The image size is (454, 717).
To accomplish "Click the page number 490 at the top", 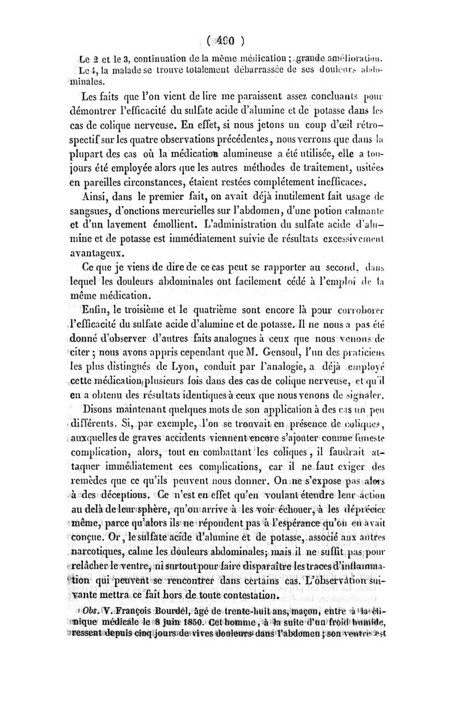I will (227, 40).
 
